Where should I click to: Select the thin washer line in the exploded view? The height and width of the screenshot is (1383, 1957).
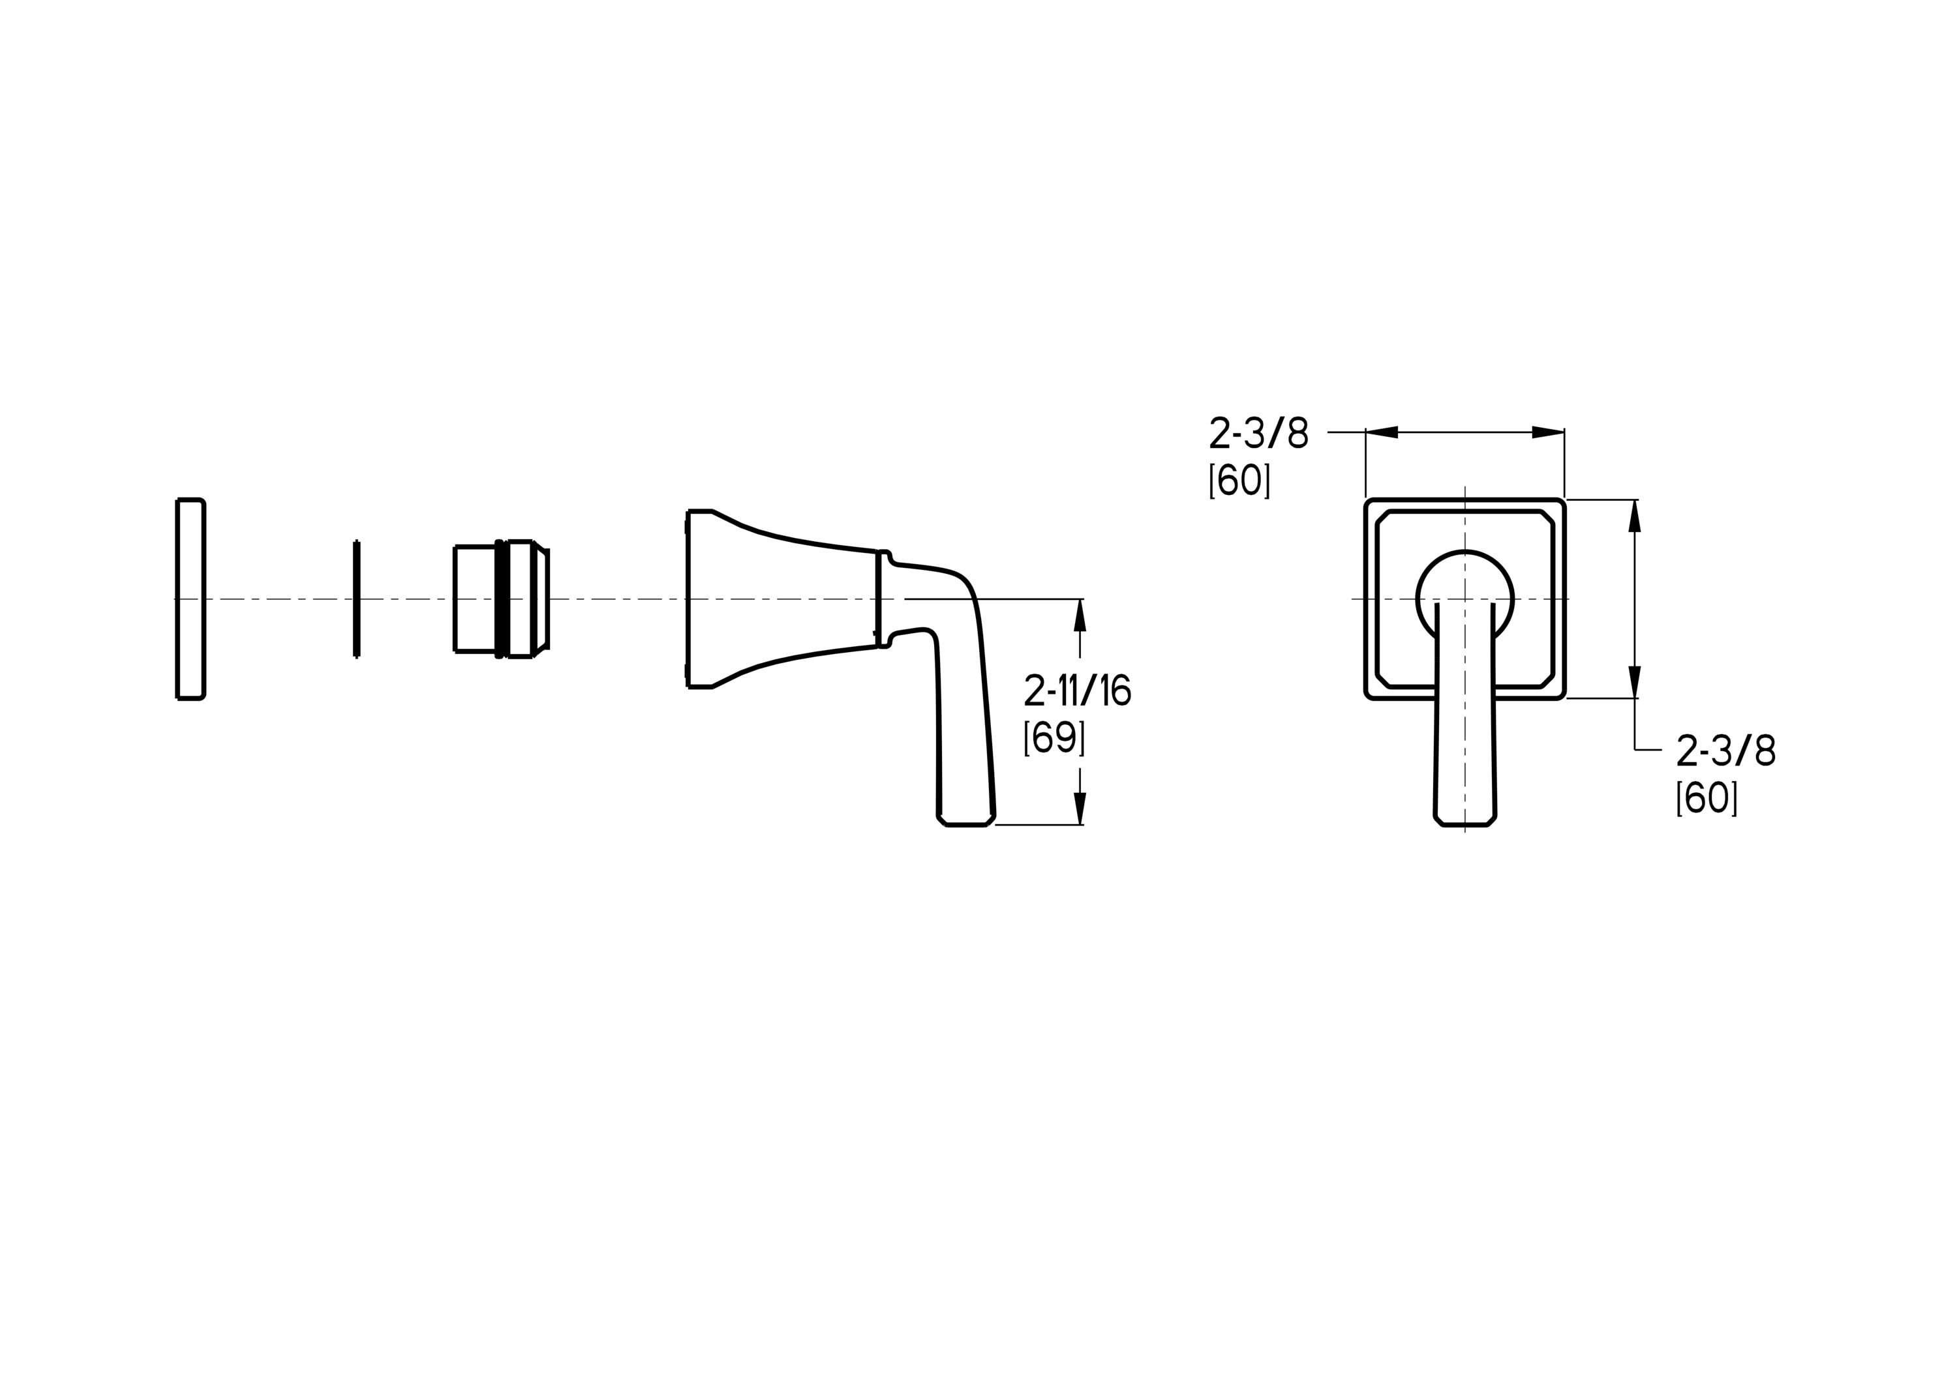(x=356, y=599)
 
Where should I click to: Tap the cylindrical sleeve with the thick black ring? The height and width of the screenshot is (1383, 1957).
(x=501, y=599)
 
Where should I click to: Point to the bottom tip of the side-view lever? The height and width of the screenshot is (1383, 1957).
(x=965, y=824)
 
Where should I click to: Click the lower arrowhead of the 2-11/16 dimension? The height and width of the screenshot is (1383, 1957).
(x=1080, y=809)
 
